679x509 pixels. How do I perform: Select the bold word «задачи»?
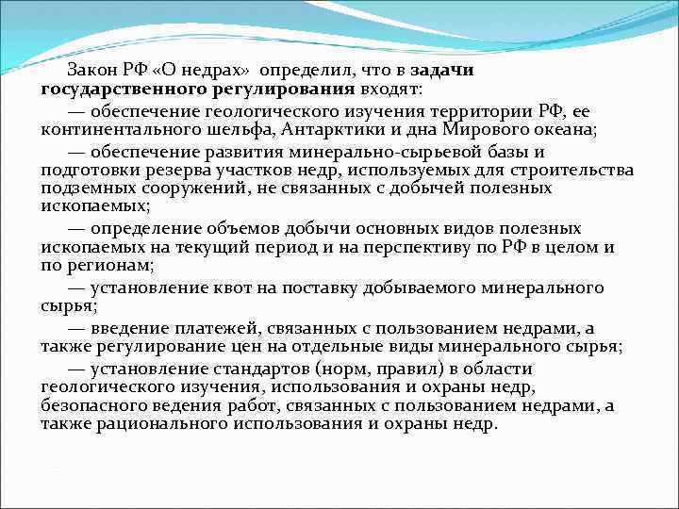442,72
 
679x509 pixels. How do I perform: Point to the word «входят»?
389,89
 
